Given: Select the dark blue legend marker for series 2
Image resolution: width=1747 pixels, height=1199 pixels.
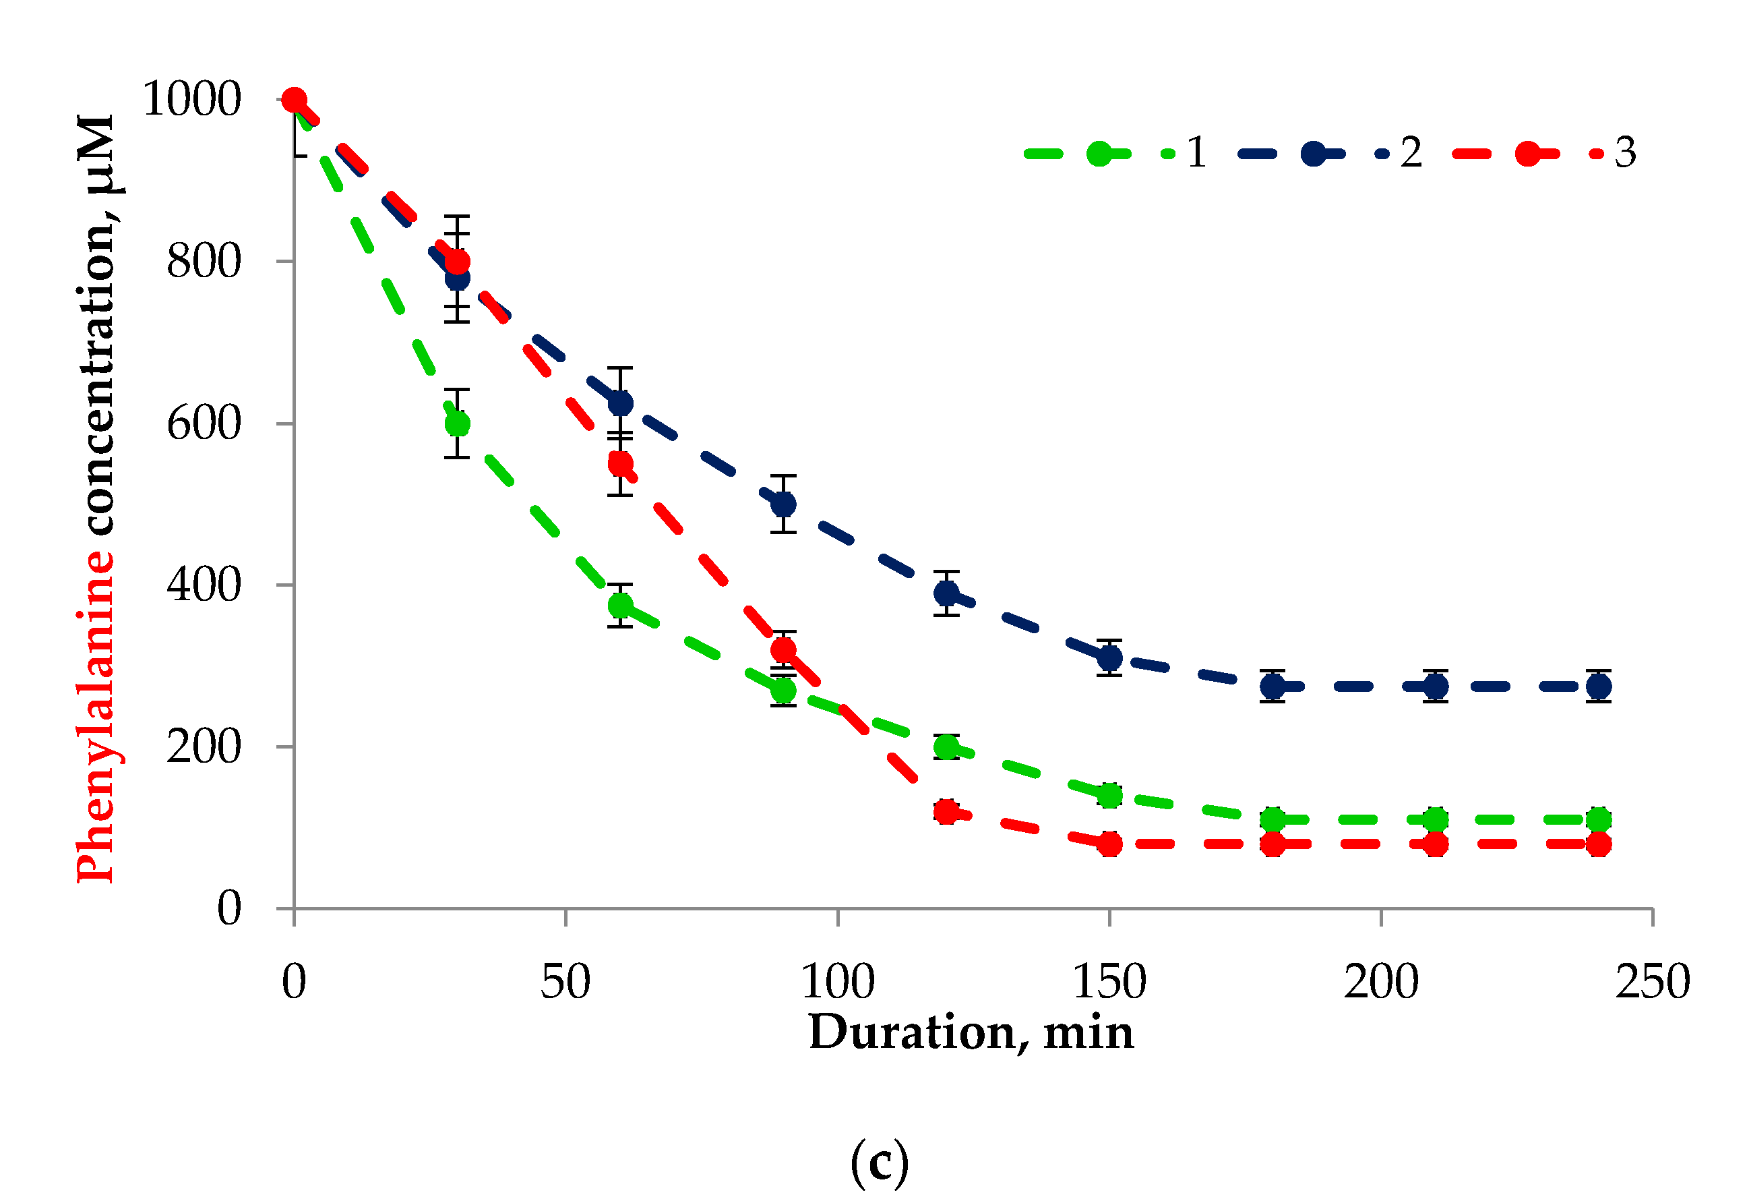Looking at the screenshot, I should (x=1312, y=154).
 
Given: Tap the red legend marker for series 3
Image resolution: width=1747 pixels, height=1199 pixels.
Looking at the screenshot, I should (x=1527, y=154).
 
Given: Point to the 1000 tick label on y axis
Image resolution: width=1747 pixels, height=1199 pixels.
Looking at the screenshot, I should (x=191, y=98).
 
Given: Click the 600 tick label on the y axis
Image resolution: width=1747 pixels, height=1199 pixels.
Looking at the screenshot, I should (x=204, y=423).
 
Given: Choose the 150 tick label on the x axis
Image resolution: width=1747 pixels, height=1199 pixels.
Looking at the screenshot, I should (x=1109, y=982).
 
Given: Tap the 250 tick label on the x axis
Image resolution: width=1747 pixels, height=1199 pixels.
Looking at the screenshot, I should (x=1652, y=982).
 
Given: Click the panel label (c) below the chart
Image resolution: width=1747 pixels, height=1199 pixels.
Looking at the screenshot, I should (x=879, y=1163).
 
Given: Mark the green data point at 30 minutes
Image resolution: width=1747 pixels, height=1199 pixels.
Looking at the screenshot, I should (x=457, y=423).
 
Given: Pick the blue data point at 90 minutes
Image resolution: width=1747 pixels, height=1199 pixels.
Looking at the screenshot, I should (x=783, y=503).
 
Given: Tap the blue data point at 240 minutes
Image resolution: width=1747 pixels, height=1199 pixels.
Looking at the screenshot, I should (x=1598, y=686).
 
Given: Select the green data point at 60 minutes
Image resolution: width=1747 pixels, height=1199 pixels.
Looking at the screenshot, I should (x=620, y=605).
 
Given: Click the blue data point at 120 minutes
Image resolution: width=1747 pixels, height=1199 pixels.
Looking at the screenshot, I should (x=946, y=593).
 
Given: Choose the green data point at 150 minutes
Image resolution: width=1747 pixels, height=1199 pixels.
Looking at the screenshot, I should (x=1109, y=795).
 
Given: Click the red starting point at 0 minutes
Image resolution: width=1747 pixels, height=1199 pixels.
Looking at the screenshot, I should (x=294, y=99).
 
